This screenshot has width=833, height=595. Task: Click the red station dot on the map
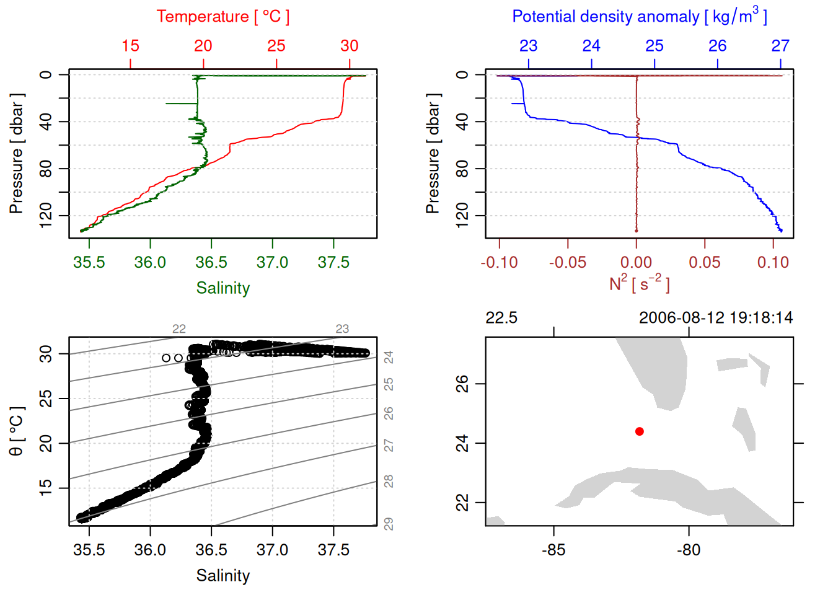tap(640, 431)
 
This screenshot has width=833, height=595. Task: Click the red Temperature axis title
tap(223, 17)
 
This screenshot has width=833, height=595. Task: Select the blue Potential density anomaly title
tap(639, 16)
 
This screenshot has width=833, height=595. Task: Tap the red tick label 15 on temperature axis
tap(130, 46)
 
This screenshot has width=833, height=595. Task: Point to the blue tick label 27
tap(780, 46)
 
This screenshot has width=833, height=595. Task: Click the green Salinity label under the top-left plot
tap(223, 288)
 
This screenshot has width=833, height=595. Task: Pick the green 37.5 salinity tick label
tap(333, 263)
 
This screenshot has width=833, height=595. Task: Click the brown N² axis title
tap(639, 283)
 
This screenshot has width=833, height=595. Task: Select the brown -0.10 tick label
tap(499, 263)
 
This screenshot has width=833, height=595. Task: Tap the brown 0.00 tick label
tap(636, 263)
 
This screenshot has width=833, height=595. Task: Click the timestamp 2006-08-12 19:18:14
tap(716, 318)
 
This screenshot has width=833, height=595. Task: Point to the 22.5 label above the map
tap(501, 318)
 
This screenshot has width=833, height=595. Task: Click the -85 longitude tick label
tap(553, 550)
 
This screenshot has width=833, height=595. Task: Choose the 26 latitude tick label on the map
tap(462, 384)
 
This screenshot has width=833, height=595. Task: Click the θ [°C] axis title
tap(17, 431)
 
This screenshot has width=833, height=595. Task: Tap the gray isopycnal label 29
tap(389, 524)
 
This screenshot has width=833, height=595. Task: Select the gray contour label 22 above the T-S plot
tap(179, 329)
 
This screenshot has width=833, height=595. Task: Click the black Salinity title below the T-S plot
tap(223, 576)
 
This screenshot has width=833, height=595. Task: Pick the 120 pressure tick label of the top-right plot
tap(462, 216)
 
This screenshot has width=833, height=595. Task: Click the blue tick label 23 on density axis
tap(528, 46)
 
